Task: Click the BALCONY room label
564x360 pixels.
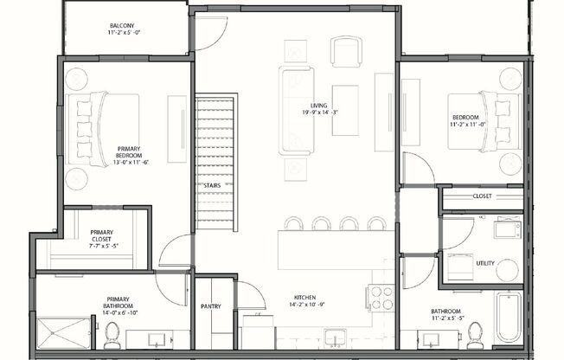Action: point(122,24)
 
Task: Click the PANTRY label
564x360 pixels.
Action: point(211,305)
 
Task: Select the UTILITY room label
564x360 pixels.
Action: point(485,263)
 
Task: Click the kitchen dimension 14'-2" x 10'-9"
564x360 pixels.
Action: point(304,305)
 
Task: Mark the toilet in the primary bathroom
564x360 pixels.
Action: point(112,334)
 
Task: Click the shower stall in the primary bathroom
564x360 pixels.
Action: point(63,333)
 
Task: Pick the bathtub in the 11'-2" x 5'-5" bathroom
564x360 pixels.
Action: point(507,318)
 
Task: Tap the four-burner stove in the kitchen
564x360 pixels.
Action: point(380,297)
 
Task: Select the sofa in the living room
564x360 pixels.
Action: point(295,111)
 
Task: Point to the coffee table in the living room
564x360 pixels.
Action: point(345,111)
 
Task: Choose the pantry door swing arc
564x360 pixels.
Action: point(251,294)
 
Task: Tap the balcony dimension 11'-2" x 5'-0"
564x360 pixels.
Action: point(122,33)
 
